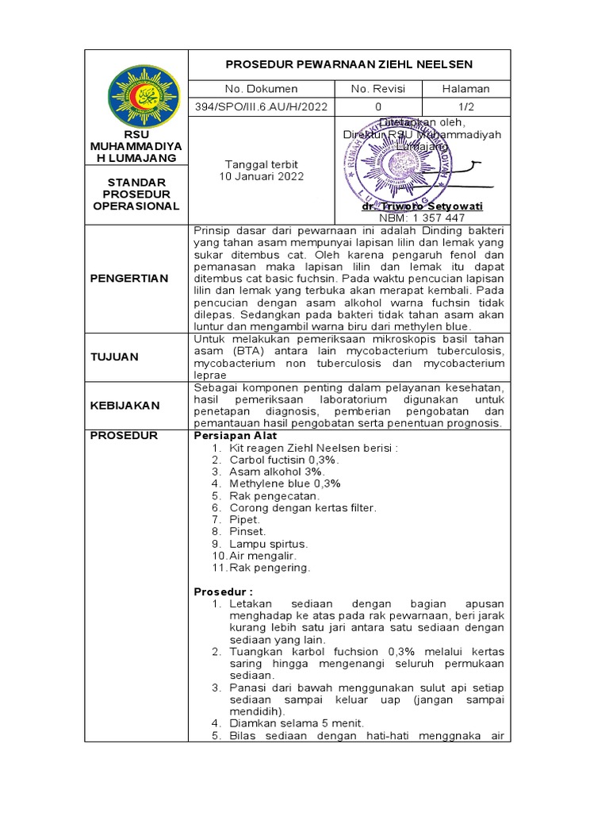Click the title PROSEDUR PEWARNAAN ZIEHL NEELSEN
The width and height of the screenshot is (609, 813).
[x=349, y=64]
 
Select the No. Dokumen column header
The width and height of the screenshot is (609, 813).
[x=261, y=89]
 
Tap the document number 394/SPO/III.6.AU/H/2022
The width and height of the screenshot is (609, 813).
[x=261, y=107]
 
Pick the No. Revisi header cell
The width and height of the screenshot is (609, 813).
[x=378, y=89]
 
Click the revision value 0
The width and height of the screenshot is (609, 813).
[x=378, y=107]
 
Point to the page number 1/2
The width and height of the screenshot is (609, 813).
[x=465, y=107]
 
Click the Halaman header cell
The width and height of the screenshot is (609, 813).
[x=465, y=89]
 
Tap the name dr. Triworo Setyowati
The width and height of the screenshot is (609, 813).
[x=421, y=206]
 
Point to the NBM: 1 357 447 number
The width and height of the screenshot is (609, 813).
[x=423, y=218]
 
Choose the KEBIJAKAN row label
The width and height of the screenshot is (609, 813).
[x=124, y=405]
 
